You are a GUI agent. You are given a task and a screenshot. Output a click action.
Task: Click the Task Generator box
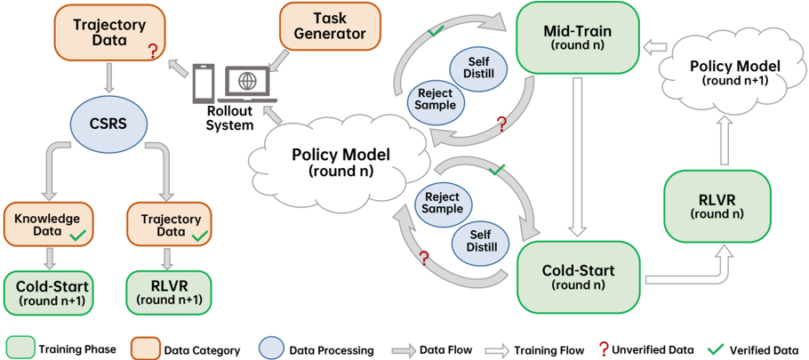330,28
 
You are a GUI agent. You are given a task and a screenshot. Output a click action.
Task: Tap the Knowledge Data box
49,223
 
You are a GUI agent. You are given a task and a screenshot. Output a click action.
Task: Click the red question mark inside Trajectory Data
152,51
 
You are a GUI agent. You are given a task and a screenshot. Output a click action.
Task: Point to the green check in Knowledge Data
78,236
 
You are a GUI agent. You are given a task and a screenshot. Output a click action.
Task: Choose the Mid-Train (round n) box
577,37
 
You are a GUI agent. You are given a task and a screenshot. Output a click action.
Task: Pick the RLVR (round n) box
718,206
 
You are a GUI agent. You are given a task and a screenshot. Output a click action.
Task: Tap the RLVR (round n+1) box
169,292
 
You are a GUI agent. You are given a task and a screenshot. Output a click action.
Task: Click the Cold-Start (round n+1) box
49,292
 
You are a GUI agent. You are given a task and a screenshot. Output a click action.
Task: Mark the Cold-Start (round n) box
577,276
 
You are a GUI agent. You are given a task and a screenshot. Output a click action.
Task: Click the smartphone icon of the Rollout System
203,83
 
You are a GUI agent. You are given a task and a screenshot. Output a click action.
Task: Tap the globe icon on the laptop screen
244,82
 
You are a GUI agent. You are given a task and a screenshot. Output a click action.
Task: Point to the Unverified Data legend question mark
602,348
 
